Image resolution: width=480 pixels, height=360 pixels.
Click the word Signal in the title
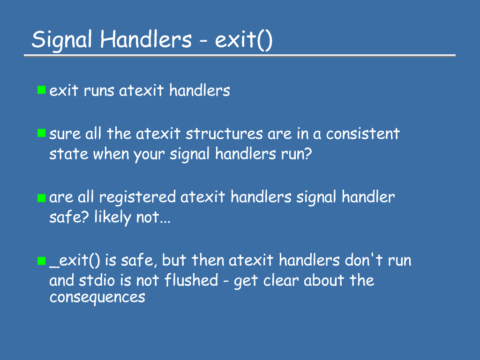pyautogui.click(x=62, y=40)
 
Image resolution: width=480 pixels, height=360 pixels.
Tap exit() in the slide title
pyautogui.click(x=244, y=40)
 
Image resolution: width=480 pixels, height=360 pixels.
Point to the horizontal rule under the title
pyautogui.click(x=240, y=56)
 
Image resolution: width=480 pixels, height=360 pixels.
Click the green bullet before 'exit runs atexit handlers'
pyautogui.click(x=41, y=90)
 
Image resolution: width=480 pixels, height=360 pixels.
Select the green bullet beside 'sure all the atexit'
pyautogui.click(x=41, y=133)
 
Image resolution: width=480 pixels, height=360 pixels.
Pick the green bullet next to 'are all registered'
pyautogui.click(x=41, y=198)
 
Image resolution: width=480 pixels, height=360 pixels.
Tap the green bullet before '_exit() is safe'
pyautogui.click(x=41, y=261)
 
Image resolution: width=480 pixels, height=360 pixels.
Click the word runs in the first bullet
pyautogui.click(x=99, y=91)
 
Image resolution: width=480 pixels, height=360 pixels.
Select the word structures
pyautogui.click(x=224, y=134)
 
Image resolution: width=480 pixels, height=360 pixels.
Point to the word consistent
pyautogui.click(x=363, y=134)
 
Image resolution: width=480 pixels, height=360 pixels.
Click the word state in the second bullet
pyautogui.click(x=69, y=154)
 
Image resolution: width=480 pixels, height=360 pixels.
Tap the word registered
pyautogui.click(x=137, y=198)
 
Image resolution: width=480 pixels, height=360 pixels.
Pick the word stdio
pyautogui.click(x=97, y=281)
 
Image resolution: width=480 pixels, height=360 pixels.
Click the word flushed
pyautogui.click(x=191, y=280)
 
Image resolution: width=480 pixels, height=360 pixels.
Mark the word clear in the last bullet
pyautogui.click(x=281, y=280)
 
